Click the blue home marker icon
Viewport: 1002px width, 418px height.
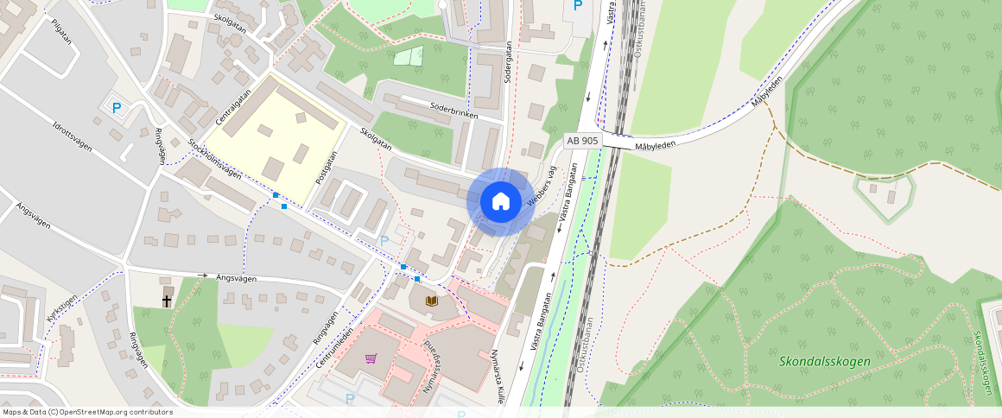click(500, 202)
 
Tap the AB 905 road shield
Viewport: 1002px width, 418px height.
click(581, 140)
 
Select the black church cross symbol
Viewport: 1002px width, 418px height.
click(167, 301)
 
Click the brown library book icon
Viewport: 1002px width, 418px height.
click(432, 301)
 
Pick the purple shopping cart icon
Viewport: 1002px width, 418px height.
click(371, 358)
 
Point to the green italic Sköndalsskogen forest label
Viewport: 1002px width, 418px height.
click(824, 362)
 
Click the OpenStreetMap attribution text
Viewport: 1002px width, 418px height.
click(88, 412)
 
